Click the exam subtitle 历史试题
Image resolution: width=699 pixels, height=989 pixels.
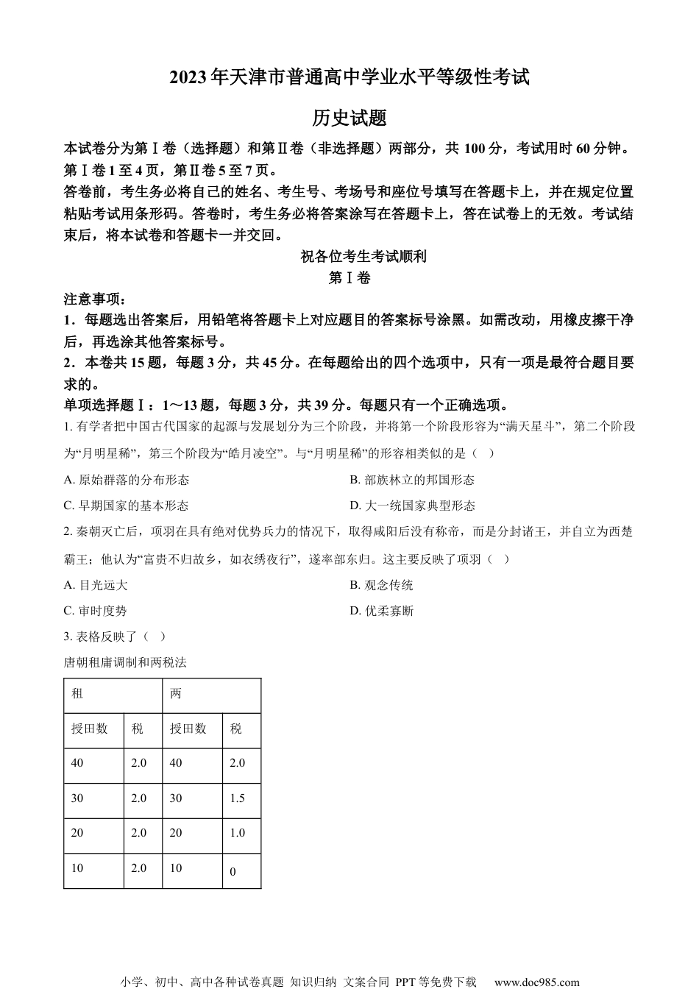click(349, 118)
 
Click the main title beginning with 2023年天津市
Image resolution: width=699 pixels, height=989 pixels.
click(349, 77)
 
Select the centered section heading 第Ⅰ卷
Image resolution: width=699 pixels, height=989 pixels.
click(349, 278)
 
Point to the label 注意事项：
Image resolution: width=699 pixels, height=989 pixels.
click(95, 299)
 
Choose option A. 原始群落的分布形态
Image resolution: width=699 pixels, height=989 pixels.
click(127, 480)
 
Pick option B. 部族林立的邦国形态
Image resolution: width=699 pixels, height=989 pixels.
click(412, 480)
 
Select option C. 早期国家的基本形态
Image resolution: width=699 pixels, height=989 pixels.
click(127, 506)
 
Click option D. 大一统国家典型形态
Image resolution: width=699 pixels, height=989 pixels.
click(412, 506)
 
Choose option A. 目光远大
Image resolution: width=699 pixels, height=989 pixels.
click(96, 585)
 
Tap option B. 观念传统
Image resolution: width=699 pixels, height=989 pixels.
click(381, 585)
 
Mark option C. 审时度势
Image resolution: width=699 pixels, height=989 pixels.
click(96, 611)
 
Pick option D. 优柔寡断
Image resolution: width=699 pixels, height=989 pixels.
click(381, 611)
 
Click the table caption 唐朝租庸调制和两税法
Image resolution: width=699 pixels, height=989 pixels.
click(125, 662)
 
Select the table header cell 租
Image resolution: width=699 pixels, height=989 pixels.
click(77, 694)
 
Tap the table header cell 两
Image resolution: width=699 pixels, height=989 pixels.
click(176, 694)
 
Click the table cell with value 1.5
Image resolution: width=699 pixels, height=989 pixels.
click(237, 798)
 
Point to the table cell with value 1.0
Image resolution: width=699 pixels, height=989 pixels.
click(237, 833)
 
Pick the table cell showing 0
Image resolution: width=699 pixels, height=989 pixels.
click(233, 872)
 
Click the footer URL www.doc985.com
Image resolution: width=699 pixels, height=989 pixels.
click(536, 982)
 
